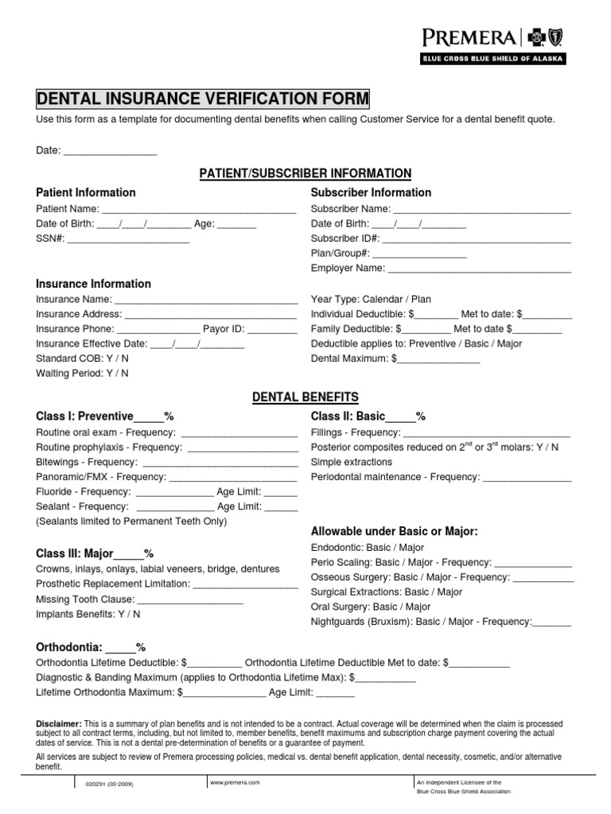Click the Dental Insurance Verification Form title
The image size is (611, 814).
pyautogui.click(x=203, y=98)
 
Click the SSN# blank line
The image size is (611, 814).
pyautogui.click(x=128, y=239)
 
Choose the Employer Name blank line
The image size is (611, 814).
pyautogui.click(x=480, y=269)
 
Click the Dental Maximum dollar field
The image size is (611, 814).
pyautogui.click(x=438, y=359)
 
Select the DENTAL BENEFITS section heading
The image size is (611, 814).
pyautogui.click(x=305, y=397)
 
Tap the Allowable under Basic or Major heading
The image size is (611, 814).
pyautogui.click(x=394, y=531)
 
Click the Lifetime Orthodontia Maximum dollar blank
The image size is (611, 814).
pyautogui.click(x=225, y=693)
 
